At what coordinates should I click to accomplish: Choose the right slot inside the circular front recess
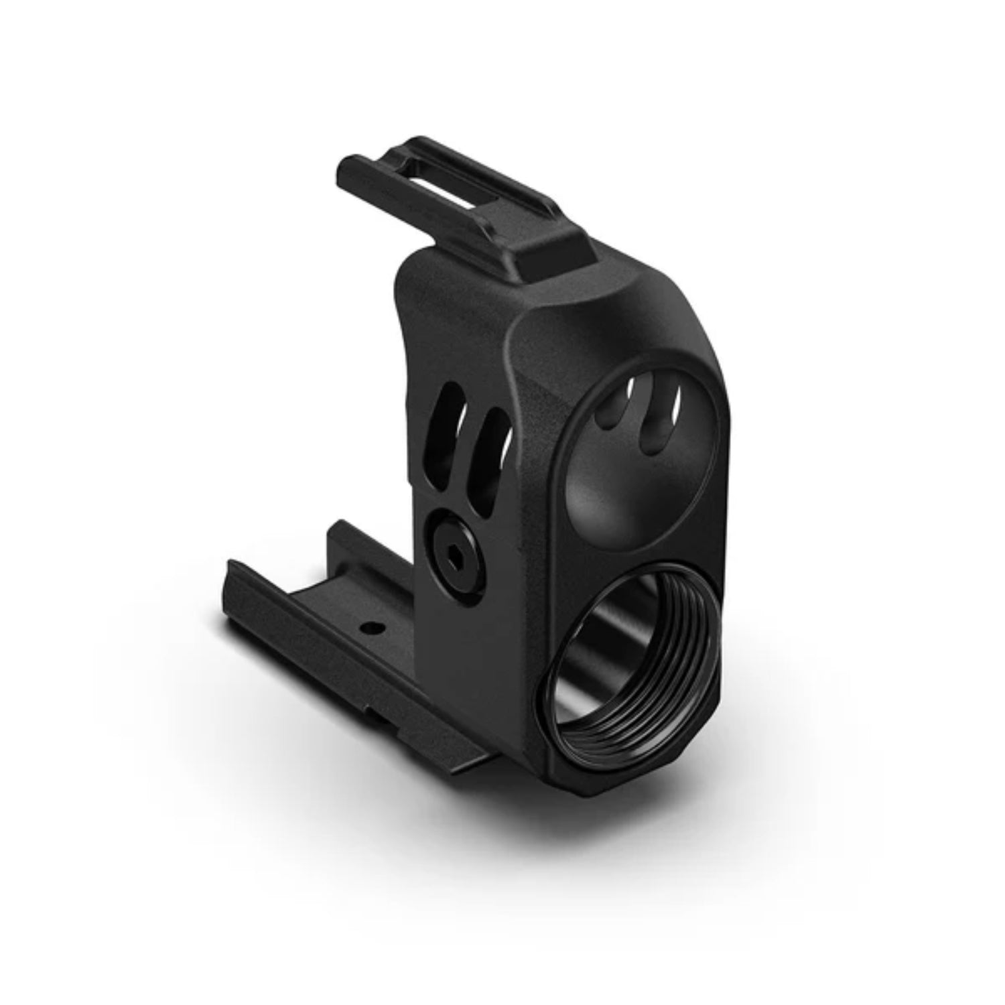click(657, 422)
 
